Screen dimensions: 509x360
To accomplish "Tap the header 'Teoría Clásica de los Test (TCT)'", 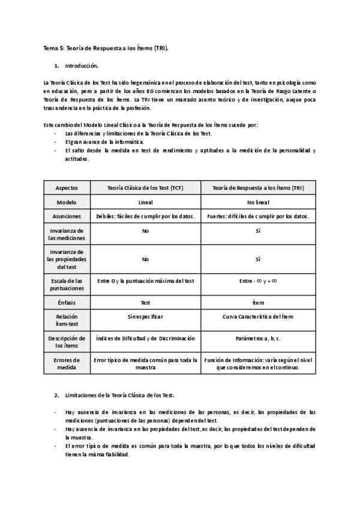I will click(145, 188).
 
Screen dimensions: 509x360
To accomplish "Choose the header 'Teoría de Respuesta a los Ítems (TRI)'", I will click(258, 188).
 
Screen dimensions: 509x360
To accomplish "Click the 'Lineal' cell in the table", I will click(145, 202).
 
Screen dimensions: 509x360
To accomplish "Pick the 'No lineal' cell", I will click(258, 202).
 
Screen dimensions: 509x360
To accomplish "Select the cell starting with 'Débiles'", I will click(145, 216).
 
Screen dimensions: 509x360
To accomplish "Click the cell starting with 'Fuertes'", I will click(258, 216).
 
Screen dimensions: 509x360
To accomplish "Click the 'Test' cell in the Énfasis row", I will click(145, 303).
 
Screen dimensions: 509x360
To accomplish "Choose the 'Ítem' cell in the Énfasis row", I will click(258, 303).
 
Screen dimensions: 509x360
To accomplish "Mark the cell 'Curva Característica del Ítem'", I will click(258, 316).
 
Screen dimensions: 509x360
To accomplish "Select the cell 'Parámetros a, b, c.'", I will click(258, 339).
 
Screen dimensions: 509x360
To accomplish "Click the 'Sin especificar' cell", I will click(145, 316).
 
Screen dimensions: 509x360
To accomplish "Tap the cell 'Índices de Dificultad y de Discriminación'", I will click(145, 339).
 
